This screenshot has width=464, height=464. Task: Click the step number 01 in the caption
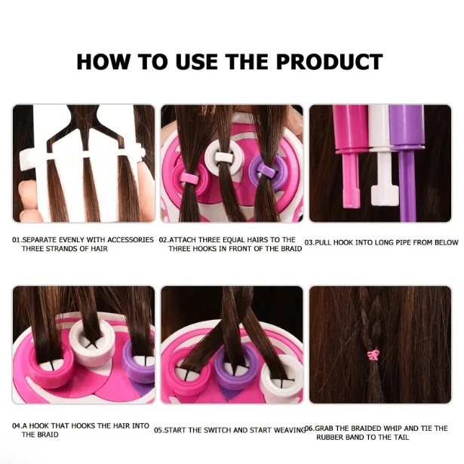click(x=16, y=239)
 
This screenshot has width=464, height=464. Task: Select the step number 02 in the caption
click(x=163, y=239)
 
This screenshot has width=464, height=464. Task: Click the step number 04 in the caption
click(x=16, y=426)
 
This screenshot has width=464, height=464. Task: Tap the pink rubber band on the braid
click(x=372, y=354)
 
